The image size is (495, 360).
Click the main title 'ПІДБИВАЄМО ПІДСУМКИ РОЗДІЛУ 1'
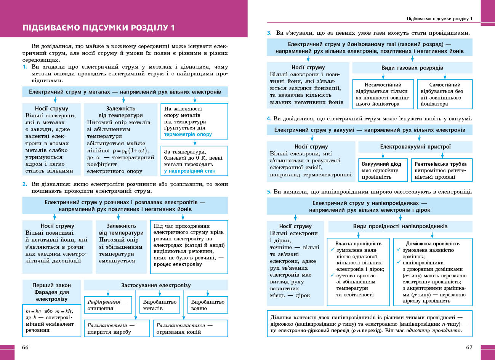click(x=99, y=28)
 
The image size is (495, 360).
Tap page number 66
click(x=25, y=347)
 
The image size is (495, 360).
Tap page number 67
click(x=469, y=347)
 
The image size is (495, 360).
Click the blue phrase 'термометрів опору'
click(x=188, y=134)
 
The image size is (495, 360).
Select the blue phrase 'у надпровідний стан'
click(x=190, y=171)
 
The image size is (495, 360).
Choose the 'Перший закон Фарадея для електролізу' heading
click(x=51, y=292)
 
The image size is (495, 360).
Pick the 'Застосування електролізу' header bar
click(x=156, y=285)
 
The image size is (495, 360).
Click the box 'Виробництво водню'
click(x=208, y=305)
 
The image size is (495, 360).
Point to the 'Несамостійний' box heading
click(x=383, y=85)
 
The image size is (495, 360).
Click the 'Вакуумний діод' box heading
click(x=381, y=164)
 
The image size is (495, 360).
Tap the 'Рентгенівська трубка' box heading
click(x=441, y=164)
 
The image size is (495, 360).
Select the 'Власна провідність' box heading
click(x=358, y=243)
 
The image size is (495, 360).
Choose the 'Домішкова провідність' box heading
click(x=433, y=243)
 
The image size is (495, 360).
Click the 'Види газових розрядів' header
click(x=412, y=68)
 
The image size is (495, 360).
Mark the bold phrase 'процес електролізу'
click(x=178, y=264)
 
